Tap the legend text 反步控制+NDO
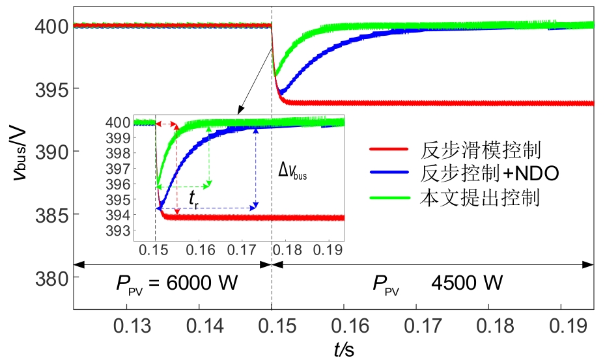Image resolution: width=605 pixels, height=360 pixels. click(x=489, y=174)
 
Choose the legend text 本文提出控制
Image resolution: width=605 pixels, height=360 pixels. click(x=479, y=197)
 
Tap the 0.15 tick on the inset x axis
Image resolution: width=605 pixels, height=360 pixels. click(x=155, y=250)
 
